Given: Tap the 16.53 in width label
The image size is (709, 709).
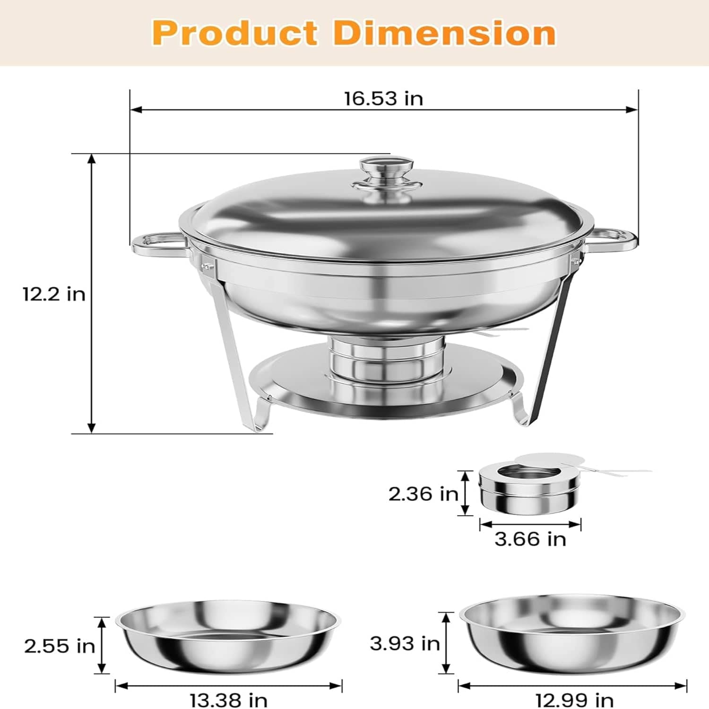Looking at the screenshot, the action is pos(383,99).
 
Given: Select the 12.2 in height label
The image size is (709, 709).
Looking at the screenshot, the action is pos(54,294).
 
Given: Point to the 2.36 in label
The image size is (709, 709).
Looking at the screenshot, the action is pos(424,494).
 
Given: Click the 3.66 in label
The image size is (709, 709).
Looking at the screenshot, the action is pos(530,539).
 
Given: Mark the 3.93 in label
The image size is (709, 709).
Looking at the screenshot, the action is pos(405,643).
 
